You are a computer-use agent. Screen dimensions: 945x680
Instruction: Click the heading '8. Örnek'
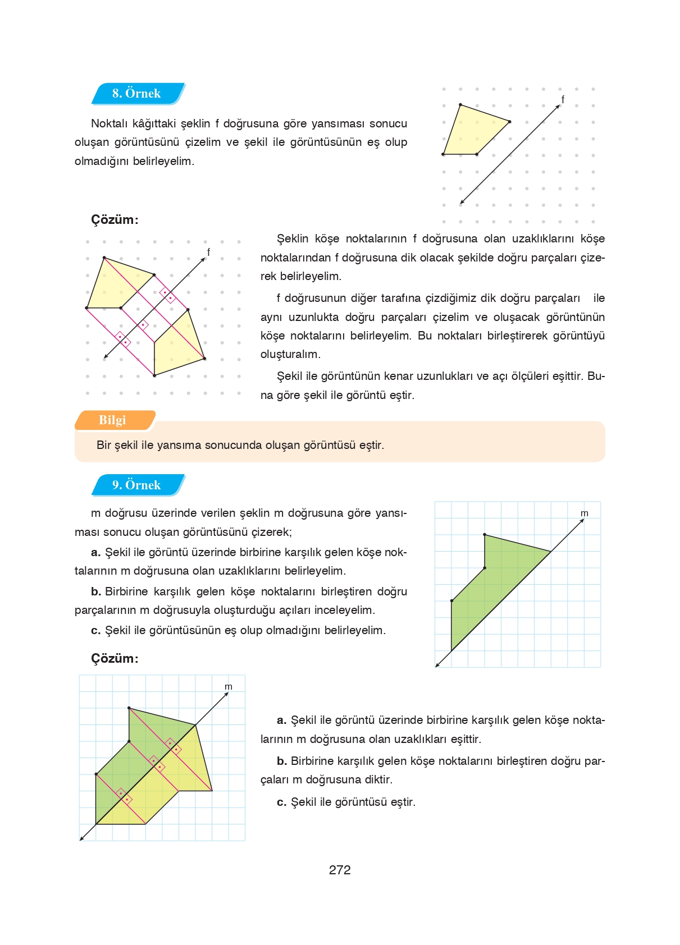(136, 94)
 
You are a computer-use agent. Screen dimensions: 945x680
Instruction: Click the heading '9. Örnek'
(136, 485)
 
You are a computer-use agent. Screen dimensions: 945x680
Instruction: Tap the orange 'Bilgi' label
(112, 420)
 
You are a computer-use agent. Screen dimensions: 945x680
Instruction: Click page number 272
(340, 870)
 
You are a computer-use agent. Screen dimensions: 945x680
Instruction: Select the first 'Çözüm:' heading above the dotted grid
(115, 219)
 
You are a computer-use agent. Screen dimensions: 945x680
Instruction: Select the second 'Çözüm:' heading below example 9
(115, 658)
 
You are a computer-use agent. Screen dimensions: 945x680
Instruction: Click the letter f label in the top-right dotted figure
(563, 99)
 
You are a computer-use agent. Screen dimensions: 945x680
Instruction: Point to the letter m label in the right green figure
(584, 513)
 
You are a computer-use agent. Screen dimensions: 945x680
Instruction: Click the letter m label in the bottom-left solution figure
(228, 687)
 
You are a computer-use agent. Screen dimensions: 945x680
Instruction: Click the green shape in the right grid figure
(489, 584)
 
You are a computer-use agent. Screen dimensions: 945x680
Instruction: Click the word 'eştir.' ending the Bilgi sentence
(371, 446)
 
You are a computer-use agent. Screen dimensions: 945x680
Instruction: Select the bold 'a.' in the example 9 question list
(96, 552)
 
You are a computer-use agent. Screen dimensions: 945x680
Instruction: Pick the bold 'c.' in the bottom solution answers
(282, 802)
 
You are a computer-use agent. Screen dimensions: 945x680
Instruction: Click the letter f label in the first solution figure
(208, 253)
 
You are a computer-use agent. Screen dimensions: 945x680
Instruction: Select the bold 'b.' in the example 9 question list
(96, 591)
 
